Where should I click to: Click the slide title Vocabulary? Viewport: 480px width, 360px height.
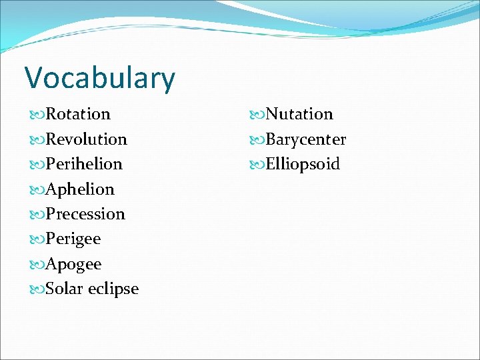tap(100, 78)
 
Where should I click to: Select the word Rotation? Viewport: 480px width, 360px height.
tap(78, 114)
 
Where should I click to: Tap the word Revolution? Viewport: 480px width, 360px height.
tap(87, 139)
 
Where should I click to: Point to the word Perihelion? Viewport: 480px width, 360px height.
tap(84, 164)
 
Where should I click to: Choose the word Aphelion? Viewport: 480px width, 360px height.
tap(80, 189)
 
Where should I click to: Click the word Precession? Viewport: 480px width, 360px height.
tap(85, 214)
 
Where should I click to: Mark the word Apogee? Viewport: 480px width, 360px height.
tap(74, 265)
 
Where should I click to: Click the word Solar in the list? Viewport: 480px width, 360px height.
tap(65, 289)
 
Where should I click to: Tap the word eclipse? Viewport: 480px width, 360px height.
tap(113, 289)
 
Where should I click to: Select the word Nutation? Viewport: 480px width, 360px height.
tap(299, 114)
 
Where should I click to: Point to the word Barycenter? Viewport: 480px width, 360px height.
tap(306, 139)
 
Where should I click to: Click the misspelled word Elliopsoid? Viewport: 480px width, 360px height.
tap(303, 164)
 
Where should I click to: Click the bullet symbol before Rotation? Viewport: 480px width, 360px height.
tap(35, 115)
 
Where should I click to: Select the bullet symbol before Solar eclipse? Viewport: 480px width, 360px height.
tap(35, 289)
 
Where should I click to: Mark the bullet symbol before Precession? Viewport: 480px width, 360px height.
tap(35, 215)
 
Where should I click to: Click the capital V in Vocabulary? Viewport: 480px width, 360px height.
tap(34, 77)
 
